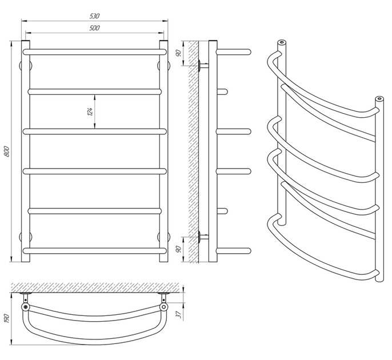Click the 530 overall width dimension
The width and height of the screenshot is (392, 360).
(x=94, y=16)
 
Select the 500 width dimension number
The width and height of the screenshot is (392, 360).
(x=94, y=28)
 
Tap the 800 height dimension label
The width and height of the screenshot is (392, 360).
(x=7, y=151)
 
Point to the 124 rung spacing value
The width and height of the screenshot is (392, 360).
(x=90, y=111)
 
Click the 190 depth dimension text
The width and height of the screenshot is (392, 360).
(x=7, y=318)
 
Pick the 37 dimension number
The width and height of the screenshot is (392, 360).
(x=178, y=314)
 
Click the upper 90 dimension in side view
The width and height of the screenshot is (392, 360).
(x=178, y=53)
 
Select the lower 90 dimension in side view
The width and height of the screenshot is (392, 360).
(x=178, y=249)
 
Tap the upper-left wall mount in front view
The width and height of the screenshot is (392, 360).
(x=26, y=66)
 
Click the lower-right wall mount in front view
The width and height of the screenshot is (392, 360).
(x=164, y=237)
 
